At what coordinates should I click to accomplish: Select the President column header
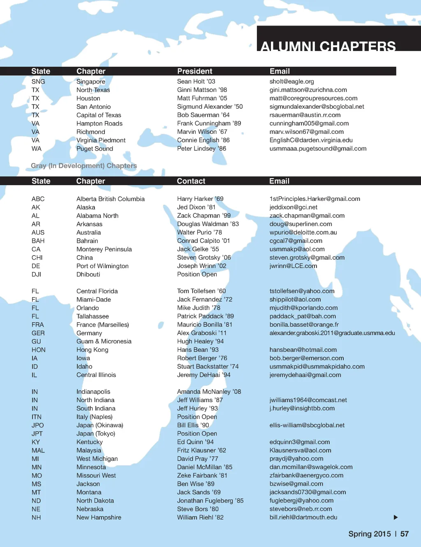pos(194,71)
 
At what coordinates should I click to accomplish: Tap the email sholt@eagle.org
pos(291,81)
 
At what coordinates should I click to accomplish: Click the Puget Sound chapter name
pos(95,149)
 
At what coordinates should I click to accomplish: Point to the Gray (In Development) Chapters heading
pos(84,166)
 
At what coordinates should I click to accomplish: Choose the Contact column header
pos(191,181)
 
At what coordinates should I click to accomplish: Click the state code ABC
pos(38,199)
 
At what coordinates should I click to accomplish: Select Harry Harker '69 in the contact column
pos(200,199)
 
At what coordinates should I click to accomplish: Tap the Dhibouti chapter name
pos(88,275)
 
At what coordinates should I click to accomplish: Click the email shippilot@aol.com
pos(295,300)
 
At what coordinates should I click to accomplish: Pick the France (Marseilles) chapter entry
pos(102,325)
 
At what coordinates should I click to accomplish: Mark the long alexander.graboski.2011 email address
pos(332,333)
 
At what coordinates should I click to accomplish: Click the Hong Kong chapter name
pos(92,350)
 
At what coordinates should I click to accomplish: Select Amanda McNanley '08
pos(209,392)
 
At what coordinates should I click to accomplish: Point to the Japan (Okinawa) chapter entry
pos(99,425)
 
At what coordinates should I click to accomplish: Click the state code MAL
pos(38,450)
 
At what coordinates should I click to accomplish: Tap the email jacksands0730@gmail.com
pos(308,492)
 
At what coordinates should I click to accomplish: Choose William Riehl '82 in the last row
pos(200,517)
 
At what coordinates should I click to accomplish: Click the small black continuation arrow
pos(396,517)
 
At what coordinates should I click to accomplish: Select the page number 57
pos(405,534)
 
